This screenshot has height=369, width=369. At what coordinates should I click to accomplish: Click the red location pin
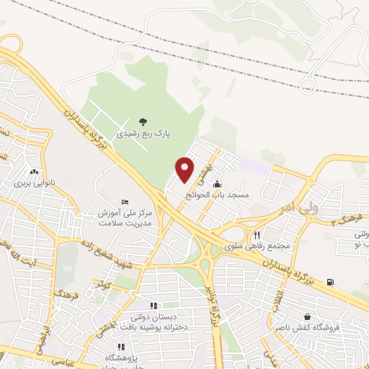(184, 168)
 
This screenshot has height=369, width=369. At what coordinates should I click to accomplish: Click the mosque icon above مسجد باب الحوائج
(217, 184)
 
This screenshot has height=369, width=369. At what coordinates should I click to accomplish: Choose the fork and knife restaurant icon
(257, 235)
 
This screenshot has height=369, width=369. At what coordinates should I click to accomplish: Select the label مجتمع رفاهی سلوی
(257, 246)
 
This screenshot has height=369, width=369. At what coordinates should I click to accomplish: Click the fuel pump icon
(330, 281)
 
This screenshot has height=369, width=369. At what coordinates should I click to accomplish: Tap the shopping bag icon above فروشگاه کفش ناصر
(308, 316)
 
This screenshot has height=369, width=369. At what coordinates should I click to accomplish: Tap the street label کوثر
(106, 286)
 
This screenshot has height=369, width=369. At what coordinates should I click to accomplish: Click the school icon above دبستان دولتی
(154, 306)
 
